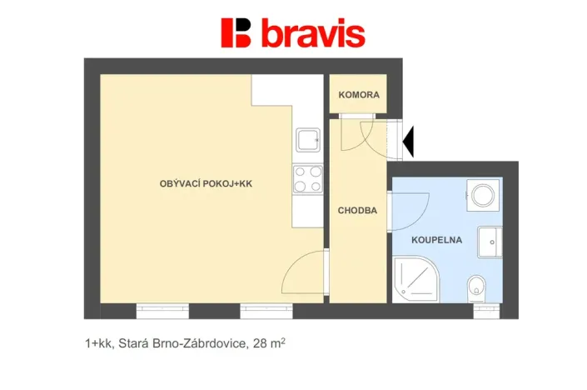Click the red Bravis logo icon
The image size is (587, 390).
pyautogui.click(x=236, y=32)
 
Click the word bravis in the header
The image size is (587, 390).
pyautogui.click(x=312, y=33)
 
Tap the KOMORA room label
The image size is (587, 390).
pyautogui.click(x=359, y=95)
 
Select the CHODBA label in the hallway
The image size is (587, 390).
pyautogui.click(x=357, y=211)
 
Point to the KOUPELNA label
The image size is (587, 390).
pyautogui.click(x=436, y=240)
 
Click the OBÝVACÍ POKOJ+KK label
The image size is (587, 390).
pyautogui.click(x=206, y=184)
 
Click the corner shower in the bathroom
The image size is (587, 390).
pyautogui.click(x=414, y=279)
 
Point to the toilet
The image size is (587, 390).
pyautogui.click(x=476, y=286)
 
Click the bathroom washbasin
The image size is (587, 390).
pyautogui.click(x=490, y=242)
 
